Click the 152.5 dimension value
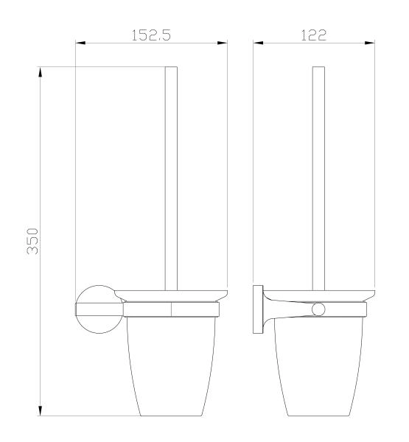pos(151,35)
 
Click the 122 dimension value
pos(314,35)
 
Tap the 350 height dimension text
pos(32,242)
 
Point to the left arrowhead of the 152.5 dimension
pos(80,43)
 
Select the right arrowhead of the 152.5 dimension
pos(223,43)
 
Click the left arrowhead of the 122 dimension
pos(258,43)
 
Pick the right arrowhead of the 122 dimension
pos(370,43)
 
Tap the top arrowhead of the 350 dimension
pos(41,72)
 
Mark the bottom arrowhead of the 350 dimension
pos(41,410)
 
